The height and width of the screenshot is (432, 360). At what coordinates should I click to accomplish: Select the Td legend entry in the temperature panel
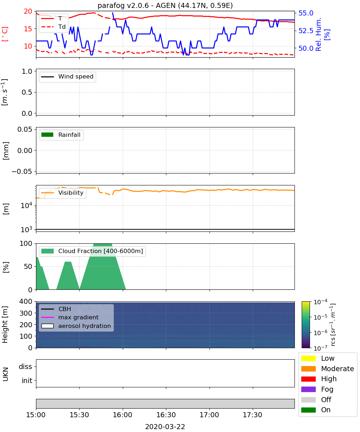click(x=53, y=27)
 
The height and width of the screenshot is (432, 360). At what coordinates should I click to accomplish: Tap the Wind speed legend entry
click(x=67, y=77)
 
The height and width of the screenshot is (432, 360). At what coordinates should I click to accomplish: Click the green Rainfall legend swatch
click(x=48, y=135)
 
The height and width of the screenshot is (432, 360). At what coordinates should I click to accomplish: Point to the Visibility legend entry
click(x=62, y=193)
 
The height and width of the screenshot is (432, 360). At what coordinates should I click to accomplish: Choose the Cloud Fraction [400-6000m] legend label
click(x=100, y=251)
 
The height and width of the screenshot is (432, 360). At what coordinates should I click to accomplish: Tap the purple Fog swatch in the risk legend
click(x=308, y=389)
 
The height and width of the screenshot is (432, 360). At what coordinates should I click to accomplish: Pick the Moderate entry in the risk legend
click(x=328, y=369)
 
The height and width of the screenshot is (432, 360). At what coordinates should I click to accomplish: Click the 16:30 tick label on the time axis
click(x=166, y=415)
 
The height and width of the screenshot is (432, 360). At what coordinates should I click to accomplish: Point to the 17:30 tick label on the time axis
click(x=252, y=415)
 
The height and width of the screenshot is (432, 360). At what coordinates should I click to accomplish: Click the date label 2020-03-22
click(x=165, y=427)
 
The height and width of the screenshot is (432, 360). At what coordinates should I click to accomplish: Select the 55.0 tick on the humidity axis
click(x=306, y=13)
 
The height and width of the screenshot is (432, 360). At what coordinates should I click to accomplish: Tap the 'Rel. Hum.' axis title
click(x=318, y=34)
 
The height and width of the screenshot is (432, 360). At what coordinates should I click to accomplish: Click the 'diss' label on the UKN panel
click(x=26, y=366)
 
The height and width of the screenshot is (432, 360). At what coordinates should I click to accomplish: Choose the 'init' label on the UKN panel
click(x=27, y=380)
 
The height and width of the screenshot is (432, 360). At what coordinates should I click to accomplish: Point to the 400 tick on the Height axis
click(x=26, y=301)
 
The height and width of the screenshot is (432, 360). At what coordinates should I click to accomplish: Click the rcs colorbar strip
click(x=306, y=325)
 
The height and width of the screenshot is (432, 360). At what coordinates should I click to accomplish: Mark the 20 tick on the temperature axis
click(x=28, y=11)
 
